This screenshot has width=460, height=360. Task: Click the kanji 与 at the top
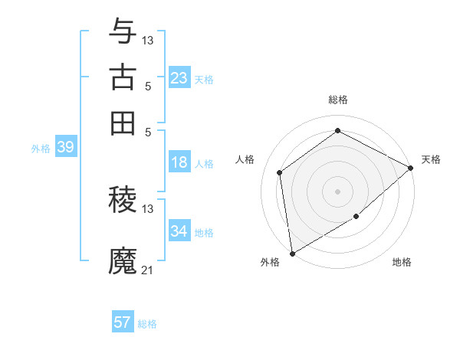coord(123,33)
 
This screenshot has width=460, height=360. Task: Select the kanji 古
coord(123,77)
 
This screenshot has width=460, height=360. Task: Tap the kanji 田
coord(123,122)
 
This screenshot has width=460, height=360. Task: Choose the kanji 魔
coord(123,260)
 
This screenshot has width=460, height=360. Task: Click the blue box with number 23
coord(179,78)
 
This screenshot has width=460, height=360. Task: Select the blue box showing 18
coord(179,162)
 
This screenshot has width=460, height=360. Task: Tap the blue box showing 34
coord(179,231)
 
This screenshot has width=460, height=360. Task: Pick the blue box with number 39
coord(65,148)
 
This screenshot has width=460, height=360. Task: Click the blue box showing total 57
coord(123,322)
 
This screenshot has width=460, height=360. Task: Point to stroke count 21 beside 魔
coord(148,270)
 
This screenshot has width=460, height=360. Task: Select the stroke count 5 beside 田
coord(148,131)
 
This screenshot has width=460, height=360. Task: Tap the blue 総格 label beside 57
coord(147,324)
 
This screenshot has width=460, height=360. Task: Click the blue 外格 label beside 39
coord(41,149)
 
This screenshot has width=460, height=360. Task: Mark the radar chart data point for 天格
coord(411,169)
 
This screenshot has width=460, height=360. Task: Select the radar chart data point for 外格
coord(292,253)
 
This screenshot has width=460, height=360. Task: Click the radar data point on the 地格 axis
coord(356,217)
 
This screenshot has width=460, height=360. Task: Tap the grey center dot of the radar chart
coord(337,191)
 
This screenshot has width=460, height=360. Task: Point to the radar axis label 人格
coord(245,159)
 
